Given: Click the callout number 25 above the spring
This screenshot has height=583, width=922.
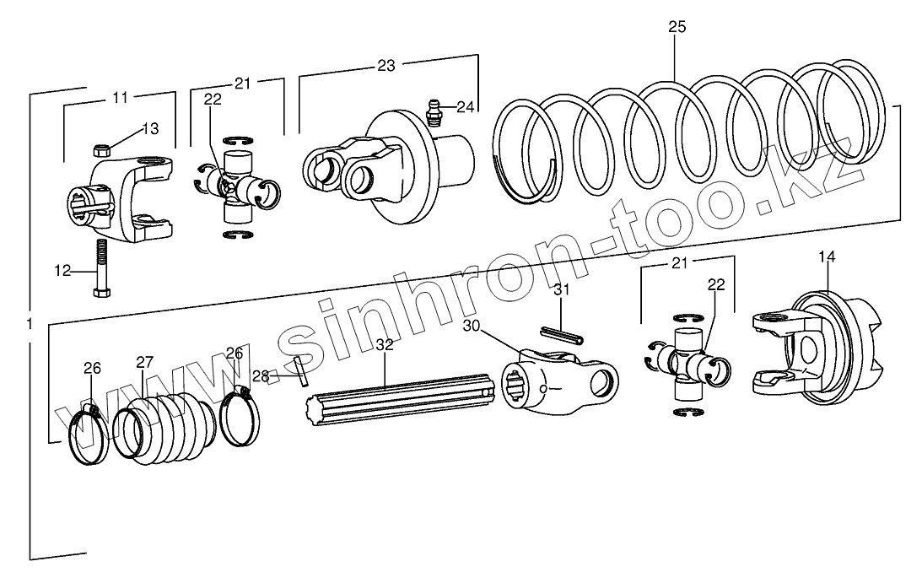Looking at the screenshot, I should (x=677, y=27).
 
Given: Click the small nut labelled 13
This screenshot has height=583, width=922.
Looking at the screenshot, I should (x=100, y=150).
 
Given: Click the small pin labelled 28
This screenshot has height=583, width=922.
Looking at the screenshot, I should (x=301, y=372).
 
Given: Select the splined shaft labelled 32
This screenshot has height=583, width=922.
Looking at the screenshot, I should (x=396, y=397).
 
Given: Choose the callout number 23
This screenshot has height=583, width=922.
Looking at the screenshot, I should (x=386, y=66).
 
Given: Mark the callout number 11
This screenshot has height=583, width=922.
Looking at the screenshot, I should (x=120, y=98).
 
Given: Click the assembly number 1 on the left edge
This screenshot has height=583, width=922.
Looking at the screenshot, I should (x=30, y=325).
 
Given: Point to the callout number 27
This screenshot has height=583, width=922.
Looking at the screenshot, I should (x=147, y=362).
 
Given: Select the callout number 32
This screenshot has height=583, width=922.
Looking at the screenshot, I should (x=385, y=345).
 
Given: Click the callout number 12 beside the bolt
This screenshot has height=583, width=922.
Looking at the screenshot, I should (x=63, y=272).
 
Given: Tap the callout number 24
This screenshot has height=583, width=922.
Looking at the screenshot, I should (x=466, y=106).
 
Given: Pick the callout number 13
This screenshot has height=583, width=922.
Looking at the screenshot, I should (x=149, y=129).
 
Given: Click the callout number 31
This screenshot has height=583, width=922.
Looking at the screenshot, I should (x=563, y=290).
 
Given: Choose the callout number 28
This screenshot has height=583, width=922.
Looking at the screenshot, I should (x=261, y=375).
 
